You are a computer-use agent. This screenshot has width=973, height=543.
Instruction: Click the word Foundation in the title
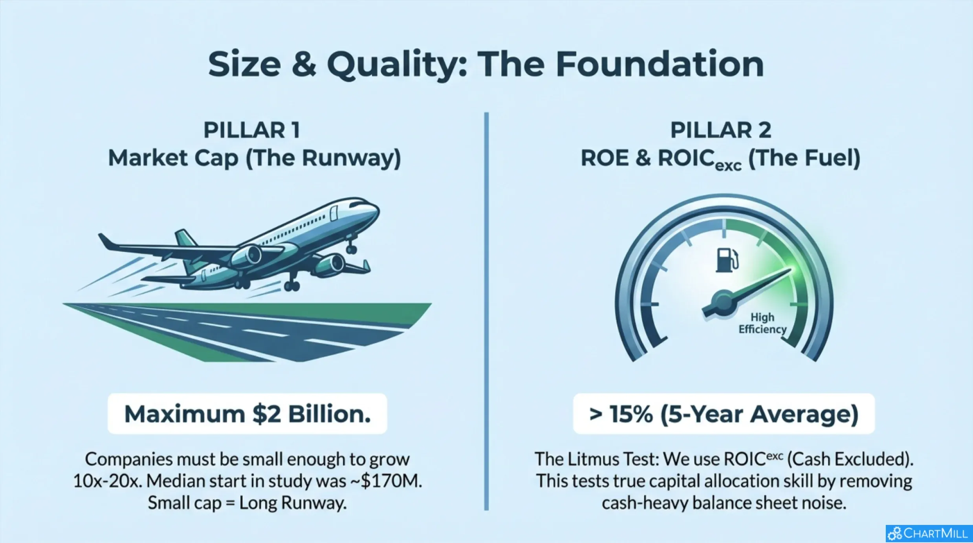coord(660,64)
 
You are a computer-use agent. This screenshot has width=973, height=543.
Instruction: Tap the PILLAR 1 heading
coord(252,130)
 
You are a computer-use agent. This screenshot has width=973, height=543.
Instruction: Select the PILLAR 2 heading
coord(721,130)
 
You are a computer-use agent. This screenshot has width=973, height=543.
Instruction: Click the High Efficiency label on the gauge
coord(762,323)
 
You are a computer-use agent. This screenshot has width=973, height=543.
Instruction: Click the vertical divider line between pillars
coord(486,311)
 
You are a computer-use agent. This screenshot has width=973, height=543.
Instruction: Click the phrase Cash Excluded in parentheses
coord(850,459)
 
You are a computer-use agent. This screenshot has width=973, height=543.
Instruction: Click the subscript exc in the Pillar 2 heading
coord(728,166)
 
